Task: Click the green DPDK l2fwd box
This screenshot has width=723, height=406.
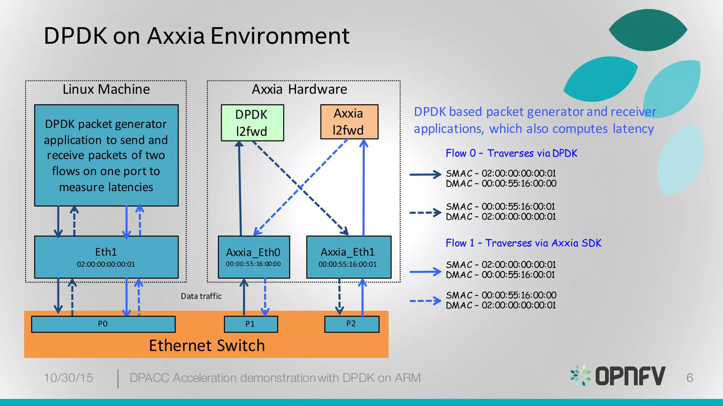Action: coord(252,123)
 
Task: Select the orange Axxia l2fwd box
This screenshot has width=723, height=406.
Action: coord(349,122)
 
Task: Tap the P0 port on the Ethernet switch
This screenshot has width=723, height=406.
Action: coord(103,324)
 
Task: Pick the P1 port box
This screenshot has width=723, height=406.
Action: coord(251,324)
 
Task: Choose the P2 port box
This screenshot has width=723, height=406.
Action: coord(351,324)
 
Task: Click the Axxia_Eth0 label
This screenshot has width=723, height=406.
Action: coord(253,252)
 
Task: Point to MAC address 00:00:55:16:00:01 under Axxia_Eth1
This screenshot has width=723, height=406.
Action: coord(348,264)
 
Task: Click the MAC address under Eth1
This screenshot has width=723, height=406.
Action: coord(106,264)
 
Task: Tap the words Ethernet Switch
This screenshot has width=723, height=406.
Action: coord(207,345)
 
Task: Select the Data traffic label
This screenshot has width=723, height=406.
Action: coord(201,296)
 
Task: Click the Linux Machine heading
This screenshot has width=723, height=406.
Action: coord(106,89)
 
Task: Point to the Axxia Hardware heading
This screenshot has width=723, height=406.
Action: coord(299,89)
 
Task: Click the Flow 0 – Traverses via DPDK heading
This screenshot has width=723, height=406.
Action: coord(511,153)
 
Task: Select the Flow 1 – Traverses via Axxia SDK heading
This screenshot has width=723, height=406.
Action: coord(523,243)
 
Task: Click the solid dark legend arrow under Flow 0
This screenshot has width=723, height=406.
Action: coord(425,174)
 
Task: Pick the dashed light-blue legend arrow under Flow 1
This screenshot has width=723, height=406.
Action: coord(425,301)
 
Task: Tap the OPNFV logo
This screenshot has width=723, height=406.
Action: coord(618,376)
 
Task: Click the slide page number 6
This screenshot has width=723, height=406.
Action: coord(689,378)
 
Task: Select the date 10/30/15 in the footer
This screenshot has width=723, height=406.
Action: coord(68,378)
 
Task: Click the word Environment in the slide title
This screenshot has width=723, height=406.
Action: coord(280,36)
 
